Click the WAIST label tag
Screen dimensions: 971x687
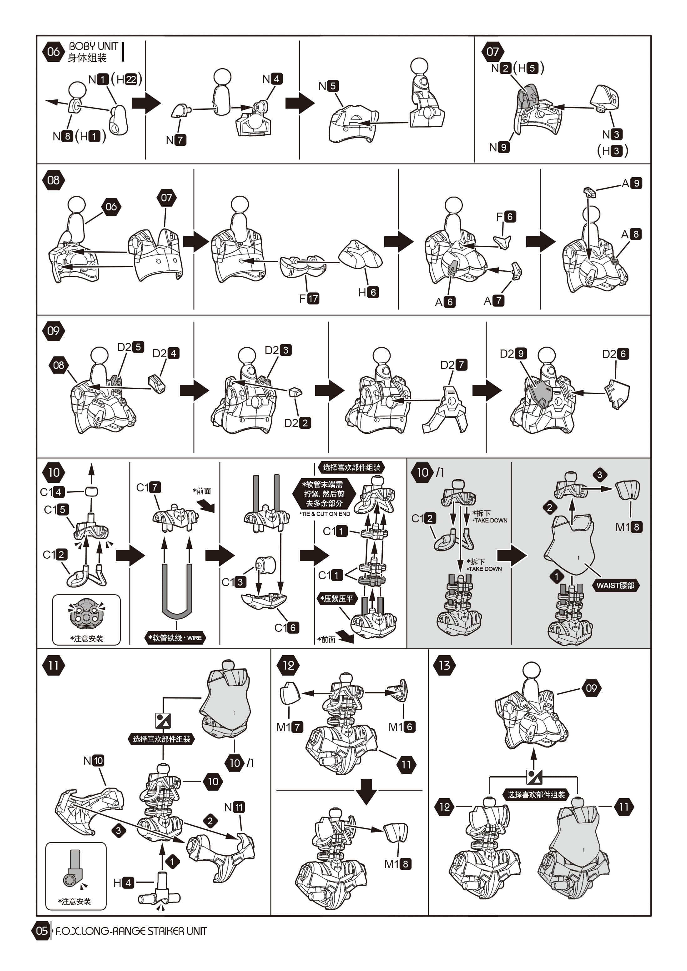tap(615, 585)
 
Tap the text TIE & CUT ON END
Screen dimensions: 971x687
tap(325, 514)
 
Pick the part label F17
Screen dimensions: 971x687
tap(309, 299)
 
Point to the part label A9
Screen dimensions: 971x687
tap(632, 183)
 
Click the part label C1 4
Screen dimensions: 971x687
tap(53, 492)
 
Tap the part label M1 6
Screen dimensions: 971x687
tap(402, 727)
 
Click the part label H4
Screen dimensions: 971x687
tap(124, 883)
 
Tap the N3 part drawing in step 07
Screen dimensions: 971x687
tap(606, 98)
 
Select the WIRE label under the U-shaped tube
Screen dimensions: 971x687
tap(175, 638)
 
